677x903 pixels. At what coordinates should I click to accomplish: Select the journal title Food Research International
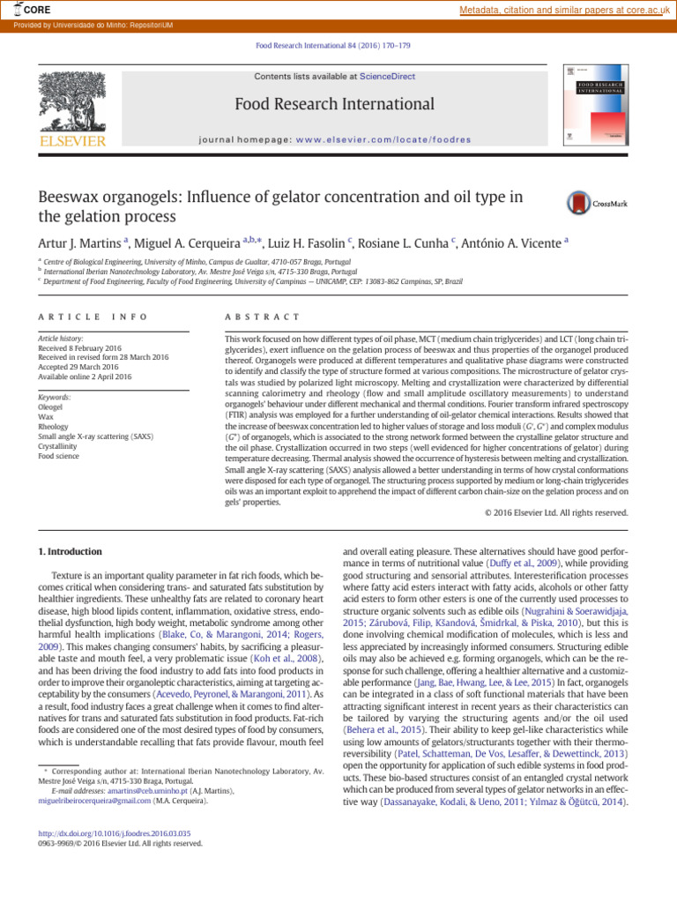(334, 104)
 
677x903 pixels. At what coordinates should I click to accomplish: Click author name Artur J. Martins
(80, 243)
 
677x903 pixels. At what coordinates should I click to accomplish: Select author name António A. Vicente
(515, 243)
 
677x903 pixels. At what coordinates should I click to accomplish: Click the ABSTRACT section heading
(263, 317)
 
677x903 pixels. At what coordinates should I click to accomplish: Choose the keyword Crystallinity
(59, 445)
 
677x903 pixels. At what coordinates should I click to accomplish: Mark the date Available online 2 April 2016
(85, 377)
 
